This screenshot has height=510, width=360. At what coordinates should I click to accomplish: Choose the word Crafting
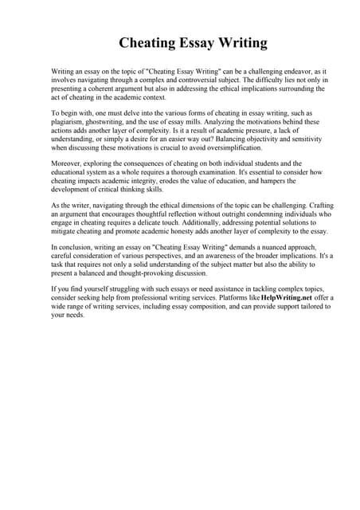click(x=292, y=205)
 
